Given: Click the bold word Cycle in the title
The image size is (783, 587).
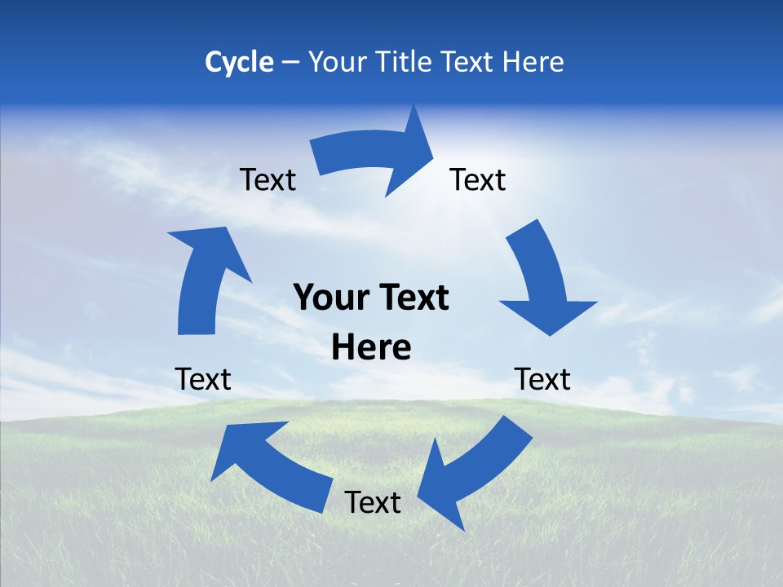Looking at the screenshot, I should [239, 62].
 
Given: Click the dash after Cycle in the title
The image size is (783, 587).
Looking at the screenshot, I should [290, 63].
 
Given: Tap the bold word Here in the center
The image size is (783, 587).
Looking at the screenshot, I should [371, 348].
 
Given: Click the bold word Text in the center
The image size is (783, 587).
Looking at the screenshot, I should [411, 298].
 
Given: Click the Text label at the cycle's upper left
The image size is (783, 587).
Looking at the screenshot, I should [268, 180].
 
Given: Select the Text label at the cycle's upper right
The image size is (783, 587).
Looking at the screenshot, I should [478, 180].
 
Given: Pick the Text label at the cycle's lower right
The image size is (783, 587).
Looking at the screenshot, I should [542, 379].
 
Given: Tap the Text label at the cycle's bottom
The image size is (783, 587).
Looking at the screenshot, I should [373, 502].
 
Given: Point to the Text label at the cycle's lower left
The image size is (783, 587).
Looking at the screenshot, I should [203, 379].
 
